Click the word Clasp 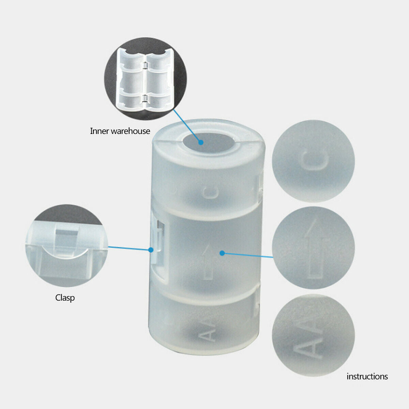65,298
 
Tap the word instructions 367,376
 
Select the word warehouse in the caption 131,131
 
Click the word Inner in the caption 99,131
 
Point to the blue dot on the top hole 201,142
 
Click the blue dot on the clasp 151,250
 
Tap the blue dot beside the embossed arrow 222,253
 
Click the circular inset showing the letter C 313,161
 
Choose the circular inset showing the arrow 313,248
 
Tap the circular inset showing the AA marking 313,335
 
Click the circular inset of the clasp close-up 67,245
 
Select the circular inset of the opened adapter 146,79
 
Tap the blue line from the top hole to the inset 187,125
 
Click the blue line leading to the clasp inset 129,248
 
